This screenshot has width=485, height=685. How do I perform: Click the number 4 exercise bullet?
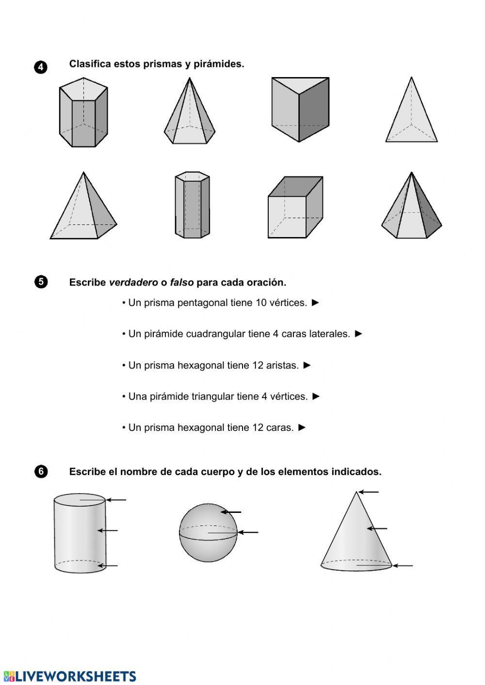pyautogui.click(x=41, y=67)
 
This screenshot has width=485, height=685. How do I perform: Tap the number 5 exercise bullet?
pyautogui.click(x=41, y=282)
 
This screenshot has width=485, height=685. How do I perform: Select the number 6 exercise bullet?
pyautogui.click(x=41, y=471)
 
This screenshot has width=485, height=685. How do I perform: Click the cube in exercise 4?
pyautogui.click(x=295, y=207)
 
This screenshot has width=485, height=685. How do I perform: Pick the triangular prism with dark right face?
pyautogui.click(x=300, y=109)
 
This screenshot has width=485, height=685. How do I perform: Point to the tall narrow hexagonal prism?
pyautogui.click(x=193, y=205)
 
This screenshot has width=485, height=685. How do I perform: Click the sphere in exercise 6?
pyautogui.click(x=208, y=533)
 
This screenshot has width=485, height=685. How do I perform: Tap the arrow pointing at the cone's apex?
pyautogui.click(x=369, y=492)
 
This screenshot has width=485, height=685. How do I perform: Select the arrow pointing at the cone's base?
pyautogui.click(x=403, y=565)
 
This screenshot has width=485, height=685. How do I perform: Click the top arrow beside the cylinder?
pyautogui.click(x=116, y=500)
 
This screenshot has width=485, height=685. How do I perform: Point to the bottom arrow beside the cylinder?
pyautogui.click(x=108, y=565)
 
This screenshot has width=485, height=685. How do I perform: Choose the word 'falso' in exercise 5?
pyautogui.click(x=181, y=282)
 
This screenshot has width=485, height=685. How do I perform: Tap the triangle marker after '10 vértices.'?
pyautogui.click(x=316, y=303)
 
